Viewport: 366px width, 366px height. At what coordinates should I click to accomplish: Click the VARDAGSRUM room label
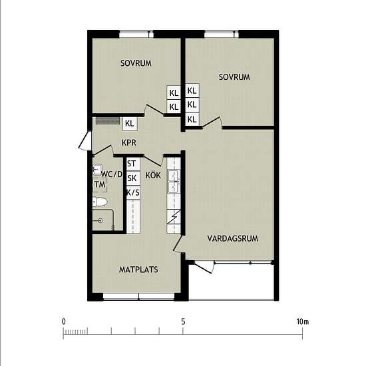point(232,238)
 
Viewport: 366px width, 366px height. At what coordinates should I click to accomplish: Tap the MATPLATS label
point(138,270)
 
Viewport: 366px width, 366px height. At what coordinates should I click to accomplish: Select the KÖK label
point(153,175)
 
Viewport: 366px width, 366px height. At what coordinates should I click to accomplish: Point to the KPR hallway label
point(129,142)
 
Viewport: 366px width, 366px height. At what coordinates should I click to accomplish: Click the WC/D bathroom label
point(112,174)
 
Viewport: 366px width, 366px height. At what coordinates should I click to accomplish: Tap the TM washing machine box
point(100,184)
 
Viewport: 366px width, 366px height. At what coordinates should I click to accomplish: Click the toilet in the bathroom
point(100,202)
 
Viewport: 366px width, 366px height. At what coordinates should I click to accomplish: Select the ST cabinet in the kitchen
point(133,164)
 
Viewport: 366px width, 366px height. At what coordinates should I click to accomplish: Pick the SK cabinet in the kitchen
point(133,178)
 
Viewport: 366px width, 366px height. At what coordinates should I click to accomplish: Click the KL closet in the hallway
point(130,124)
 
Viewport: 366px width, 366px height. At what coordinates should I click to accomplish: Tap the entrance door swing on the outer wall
point(85,140)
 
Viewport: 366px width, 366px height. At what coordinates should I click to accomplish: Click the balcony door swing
point(204,267)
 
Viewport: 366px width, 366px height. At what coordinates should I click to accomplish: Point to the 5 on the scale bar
point(183,321)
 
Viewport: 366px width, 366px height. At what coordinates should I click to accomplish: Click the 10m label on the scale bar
point(303,321)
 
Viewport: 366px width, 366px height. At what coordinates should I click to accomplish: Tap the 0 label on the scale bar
point(63,321)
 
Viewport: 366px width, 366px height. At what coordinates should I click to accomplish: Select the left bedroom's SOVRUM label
point(136,63)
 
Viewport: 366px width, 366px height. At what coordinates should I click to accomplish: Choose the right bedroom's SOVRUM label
point(234,77)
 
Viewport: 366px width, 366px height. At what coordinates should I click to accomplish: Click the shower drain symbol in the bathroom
point(100,220)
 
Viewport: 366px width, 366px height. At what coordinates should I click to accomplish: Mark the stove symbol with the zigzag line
point(174,217)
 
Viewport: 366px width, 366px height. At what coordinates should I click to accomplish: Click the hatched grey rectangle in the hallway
point(108,120)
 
